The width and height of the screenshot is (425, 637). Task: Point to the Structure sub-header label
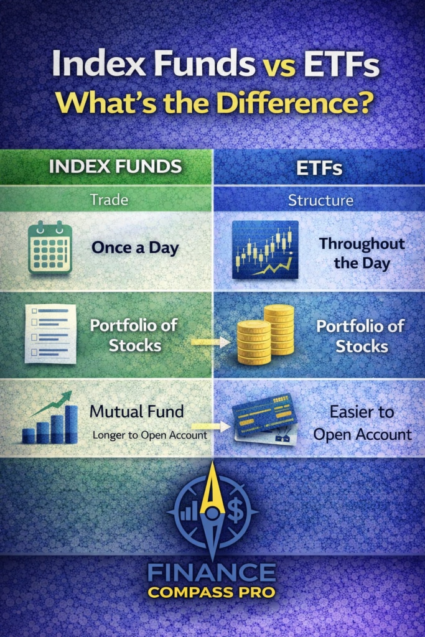click(x=320, y=200)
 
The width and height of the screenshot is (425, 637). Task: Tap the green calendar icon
click(x=50, y=248)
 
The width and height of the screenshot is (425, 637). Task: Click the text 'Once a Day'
click(x=135, y=248)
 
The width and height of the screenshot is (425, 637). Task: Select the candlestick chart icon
click(x=264, y=248)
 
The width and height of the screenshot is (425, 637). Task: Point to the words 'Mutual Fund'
click(x=136, y=411)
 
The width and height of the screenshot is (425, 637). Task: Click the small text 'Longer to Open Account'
click(x=149, y=435)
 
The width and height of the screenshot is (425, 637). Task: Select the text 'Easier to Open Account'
click(x=362, y=422)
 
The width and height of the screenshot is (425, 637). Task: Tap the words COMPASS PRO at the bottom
click(x=212, y=592)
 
